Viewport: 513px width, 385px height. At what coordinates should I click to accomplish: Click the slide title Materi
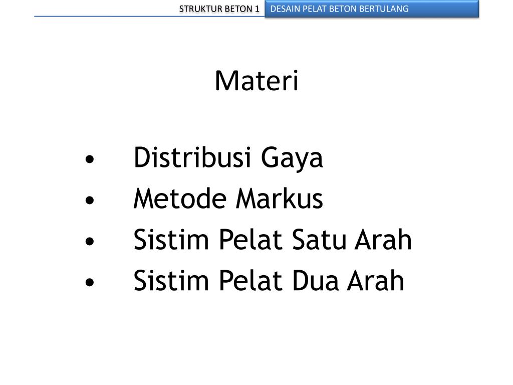coord(256,81)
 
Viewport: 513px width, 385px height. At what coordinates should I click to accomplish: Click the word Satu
coord(325,240)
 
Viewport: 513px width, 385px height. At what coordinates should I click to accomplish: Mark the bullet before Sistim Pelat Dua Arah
coord(89,282)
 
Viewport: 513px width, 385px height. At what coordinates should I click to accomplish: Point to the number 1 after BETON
coord(256,9)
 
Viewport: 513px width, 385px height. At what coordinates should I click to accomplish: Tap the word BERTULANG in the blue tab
coord(386,9)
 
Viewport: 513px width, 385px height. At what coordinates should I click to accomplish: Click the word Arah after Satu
coord(383,240)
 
